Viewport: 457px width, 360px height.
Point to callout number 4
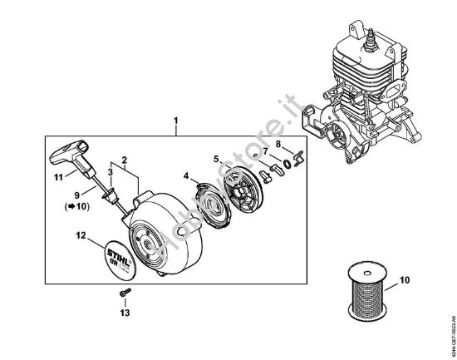pyautogui.click(x=186, y=175)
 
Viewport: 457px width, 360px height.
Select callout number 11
pyautogui.click(x=58, y=178)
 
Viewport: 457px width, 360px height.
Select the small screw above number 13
pyautogui.click(x=125, y=294)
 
